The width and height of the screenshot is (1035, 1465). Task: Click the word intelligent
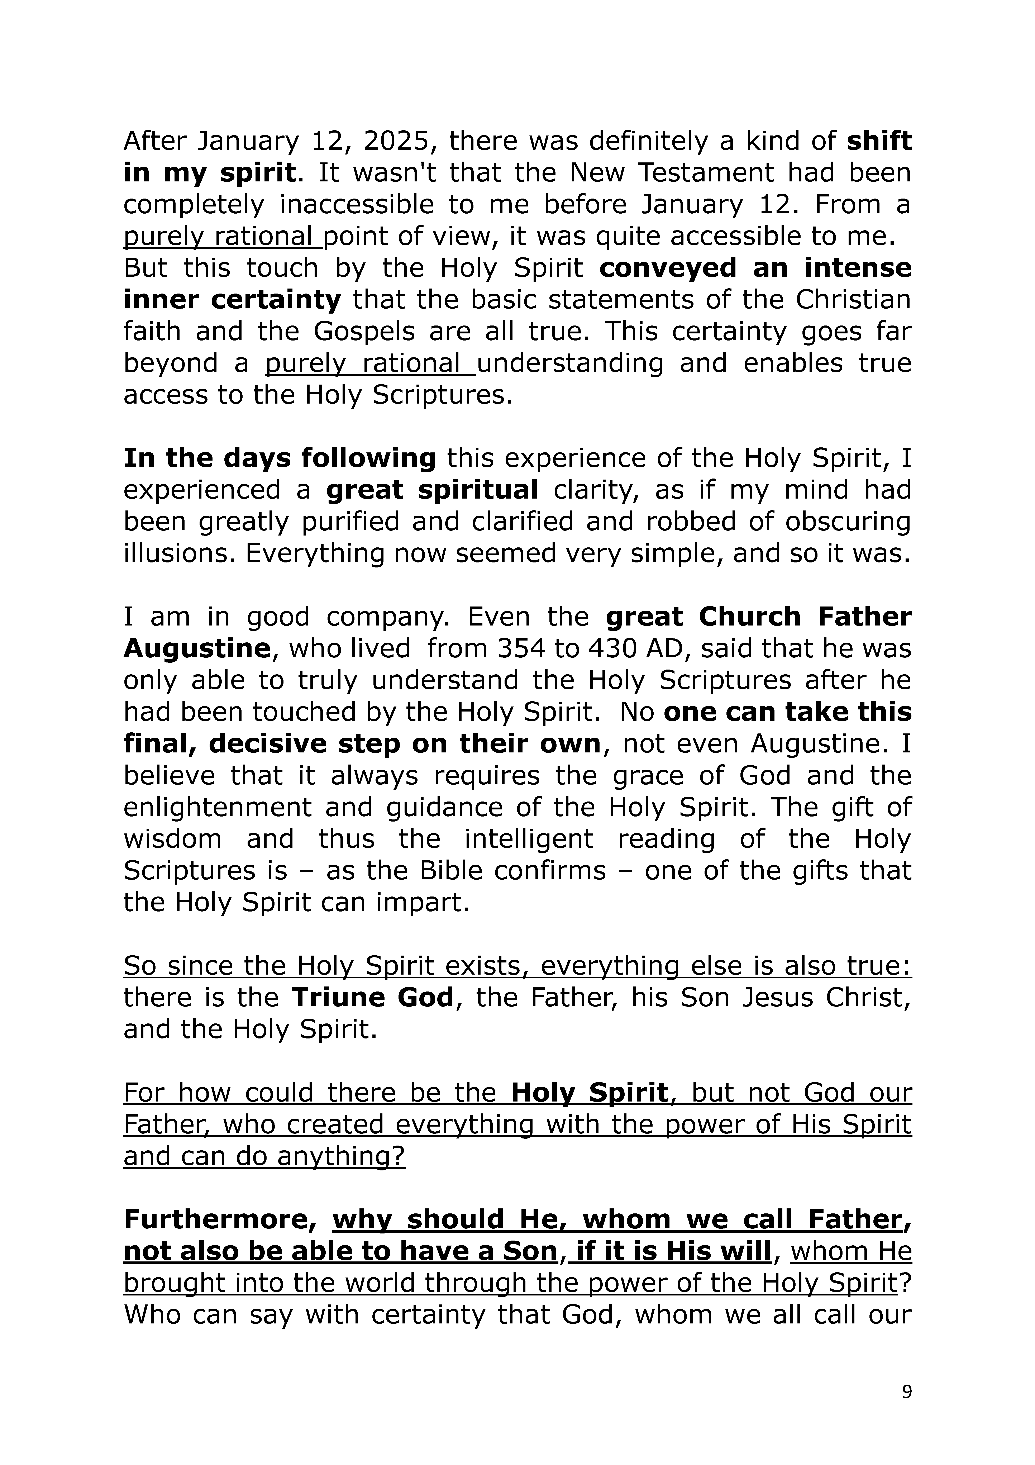point(529,839)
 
